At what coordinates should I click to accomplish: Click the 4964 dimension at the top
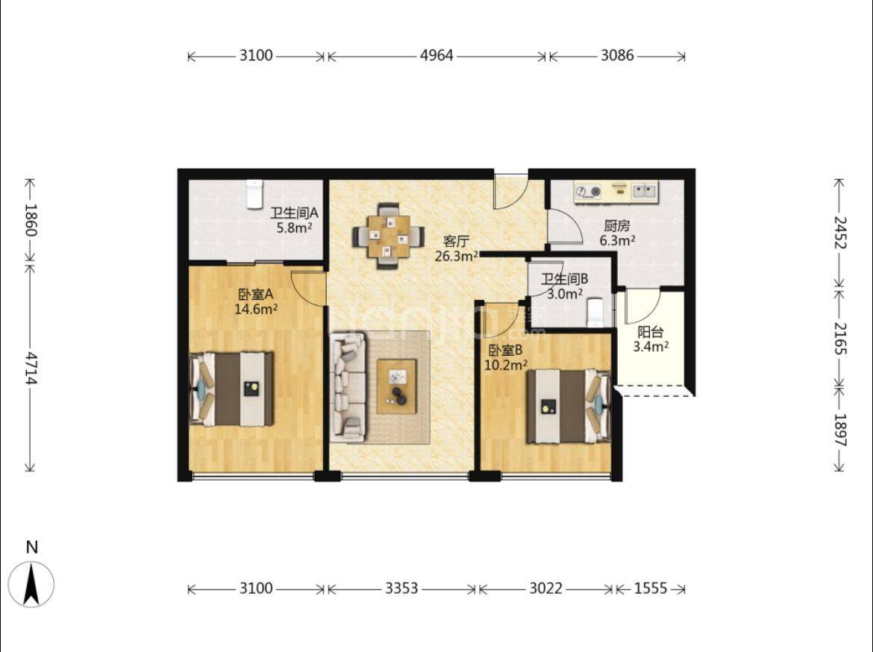point(436,56)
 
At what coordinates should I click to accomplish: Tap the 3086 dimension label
point(617,56)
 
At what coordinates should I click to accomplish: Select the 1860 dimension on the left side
point(31,220)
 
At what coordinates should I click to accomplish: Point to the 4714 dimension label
point(31,369)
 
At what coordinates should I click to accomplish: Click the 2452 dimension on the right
point(840,233)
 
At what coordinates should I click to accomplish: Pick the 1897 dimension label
point(840,430)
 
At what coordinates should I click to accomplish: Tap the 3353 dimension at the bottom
point(401,589)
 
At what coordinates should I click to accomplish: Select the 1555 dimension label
point(651,589)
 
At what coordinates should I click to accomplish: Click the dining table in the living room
point(388,236)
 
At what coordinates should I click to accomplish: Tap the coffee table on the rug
point(396,386)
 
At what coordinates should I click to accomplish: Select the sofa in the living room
point(348,384)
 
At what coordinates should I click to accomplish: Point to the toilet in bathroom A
point(254,194)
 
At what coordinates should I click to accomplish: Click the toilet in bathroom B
point(595,313)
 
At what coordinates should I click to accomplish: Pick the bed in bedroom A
point(231,388)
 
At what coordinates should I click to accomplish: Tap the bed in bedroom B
point(569,407)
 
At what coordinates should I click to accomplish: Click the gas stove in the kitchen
point(589,192)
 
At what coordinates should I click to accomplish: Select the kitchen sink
point(644,191)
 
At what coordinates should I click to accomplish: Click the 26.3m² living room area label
point(457,256)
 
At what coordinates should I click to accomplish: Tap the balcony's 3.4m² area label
point(651,346)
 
